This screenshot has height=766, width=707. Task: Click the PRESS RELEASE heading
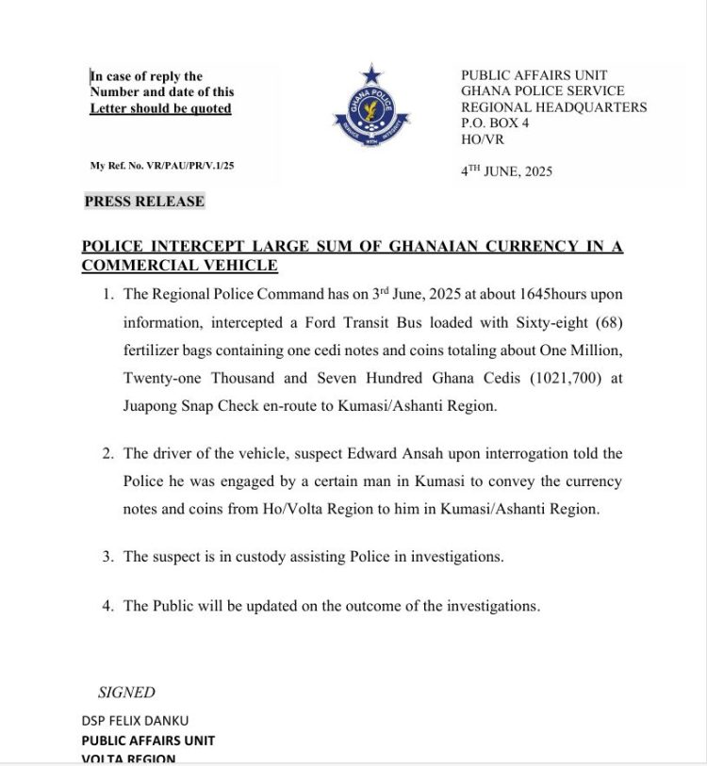click(x=144, y=202)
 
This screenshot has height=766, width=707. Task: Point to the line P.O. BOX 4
click(x=495, y=122)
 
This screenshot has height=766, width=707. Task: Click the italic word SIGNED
click(x=126, y=693)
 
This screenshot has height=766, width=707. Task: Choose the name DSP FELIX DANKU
click(x=135, y=721)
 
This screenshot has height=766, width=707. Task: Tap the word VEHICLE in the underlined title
click(x=234, y=266)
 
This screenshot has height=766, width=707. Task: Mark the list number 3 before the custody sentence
click(x=107, y=557)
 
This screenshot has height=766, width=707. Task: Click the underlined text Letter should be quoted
click(x=160, y=109)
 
